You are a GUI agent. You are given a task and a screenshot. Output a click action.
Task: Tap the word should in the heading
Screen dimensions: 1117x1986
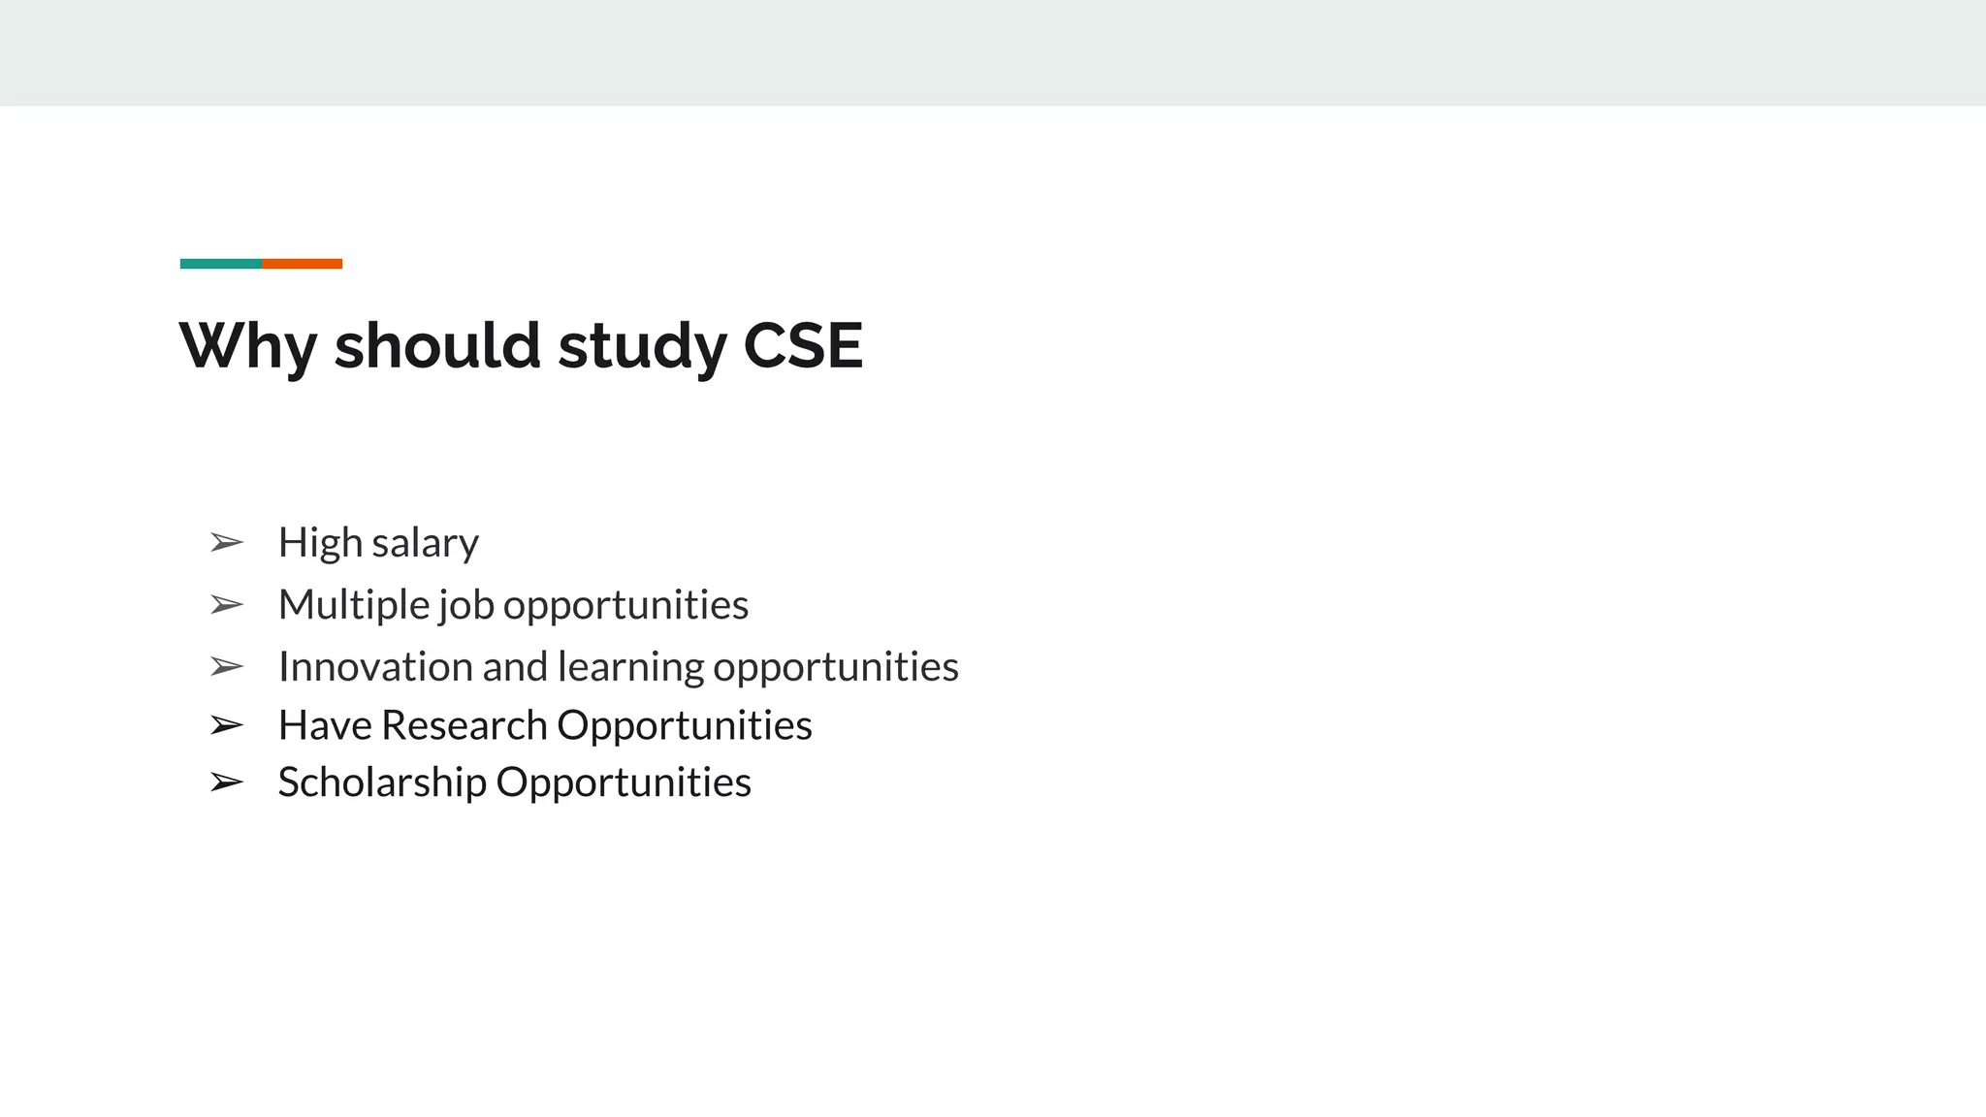pyautogui.click(x=437, y=346)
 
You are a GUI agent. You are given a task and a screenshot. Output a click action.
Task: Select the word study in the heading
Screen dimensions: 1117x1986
pyautogui.click(x=642, y=346)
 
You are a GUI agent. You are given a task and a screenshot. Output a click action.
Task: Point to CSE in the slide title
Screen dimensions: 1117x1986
pyautogui.click(x=803, y=346)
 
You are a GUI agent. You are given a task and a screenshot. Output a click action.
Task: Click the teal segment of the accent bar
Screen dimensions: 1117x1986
pyautogui.click(x=221, y=264)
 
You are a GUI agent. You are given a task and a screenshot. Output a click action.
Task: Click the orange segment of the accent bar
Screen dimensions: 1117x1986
pyautogui.click(x=302, y=264)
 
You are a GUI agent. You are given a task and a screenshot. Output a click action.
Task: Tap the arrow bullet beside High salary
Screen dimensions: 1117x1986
pyautogui.click(x=227, y=543)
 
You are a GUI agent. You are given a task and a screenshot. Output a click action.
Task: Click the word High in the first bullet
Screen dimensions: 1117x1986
pyautogui.click(x=320, y=543)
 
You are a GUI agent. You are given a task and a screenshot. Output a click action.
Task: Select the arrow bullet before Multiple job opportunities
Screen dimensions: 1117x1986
pyautogui.click(x=227, y=605)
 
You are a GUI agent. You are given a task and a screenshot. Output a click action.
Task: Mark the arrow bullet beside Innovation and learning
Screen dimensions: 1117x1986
pyautogui.click(x=227, y=667)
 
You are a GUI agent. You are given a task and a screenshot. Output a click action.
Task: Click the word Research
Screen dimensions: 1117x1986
pyautogui.click(x=464, y=725)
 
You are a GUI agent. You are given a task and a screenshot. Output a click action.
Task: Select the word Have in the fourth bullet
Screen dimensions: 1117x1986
pyautogui.click(x=325, y=725)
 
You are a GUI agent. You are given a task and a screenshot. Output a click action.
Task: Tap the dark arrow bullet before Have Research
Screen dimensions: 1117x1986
pyautogui.click(x=227, y=725)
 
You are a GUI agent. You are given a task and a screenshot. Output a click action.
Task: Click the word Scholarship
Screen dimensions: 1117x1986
pyautogui.click(x=382, y=782)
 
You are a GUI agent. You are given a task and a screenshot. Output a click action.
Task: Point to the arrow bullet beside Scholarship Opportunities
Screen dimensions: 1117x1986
pyautogui.click(x=227, y=782)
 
